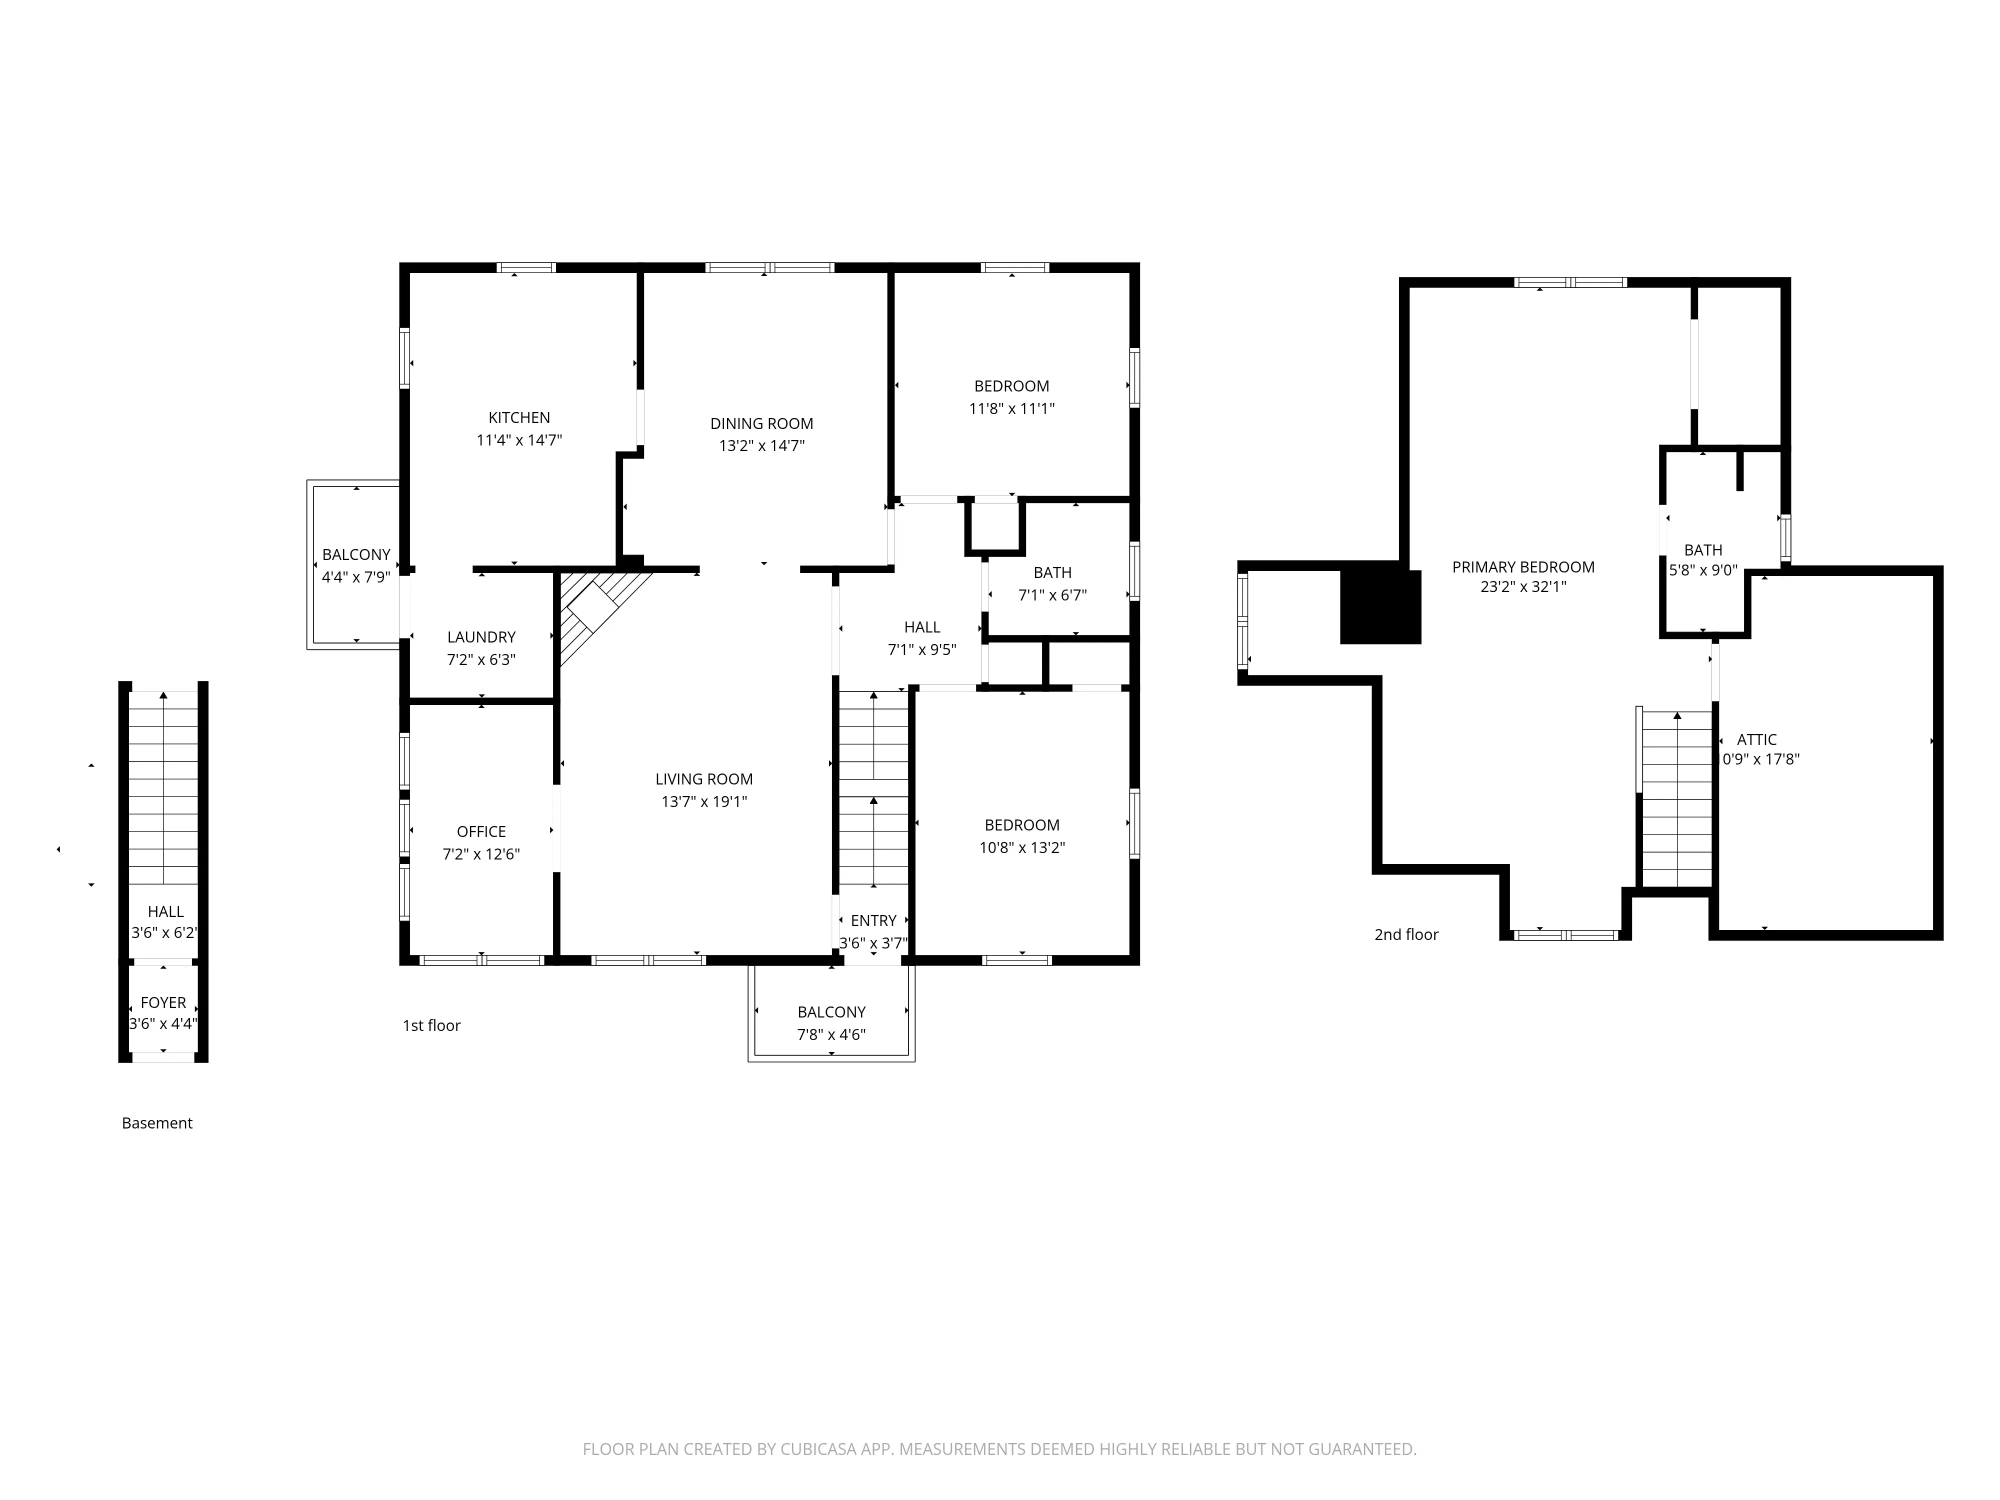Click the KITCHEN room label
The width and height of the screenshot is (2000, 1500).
pos(519,417)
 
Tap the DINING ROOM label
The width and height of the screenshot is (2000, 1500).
pos(761,423)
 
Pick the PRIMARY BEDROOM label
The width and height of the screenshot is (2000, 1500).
pos(1522,567)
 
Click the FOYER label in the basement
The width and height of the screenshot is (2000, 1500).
pos(162,1002)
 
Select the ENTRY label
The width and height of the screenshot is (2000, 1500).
pos(873,920)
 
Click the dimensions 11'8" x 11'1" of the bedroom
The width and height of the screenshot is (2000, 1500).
pos(1012,408)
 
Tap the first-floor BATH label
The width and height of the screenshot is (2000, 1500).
pos(1052,572)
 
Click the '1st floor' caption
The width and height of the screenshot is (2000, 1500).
pos(431,1025)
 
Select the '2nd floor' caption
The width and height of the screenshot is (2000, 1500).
pos(1406,935)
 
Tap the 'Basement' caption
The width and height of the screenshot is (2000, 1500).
pos(157,1123)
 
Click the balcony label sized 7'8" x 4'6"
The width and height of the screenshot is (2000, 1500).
pos(831,1012)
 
